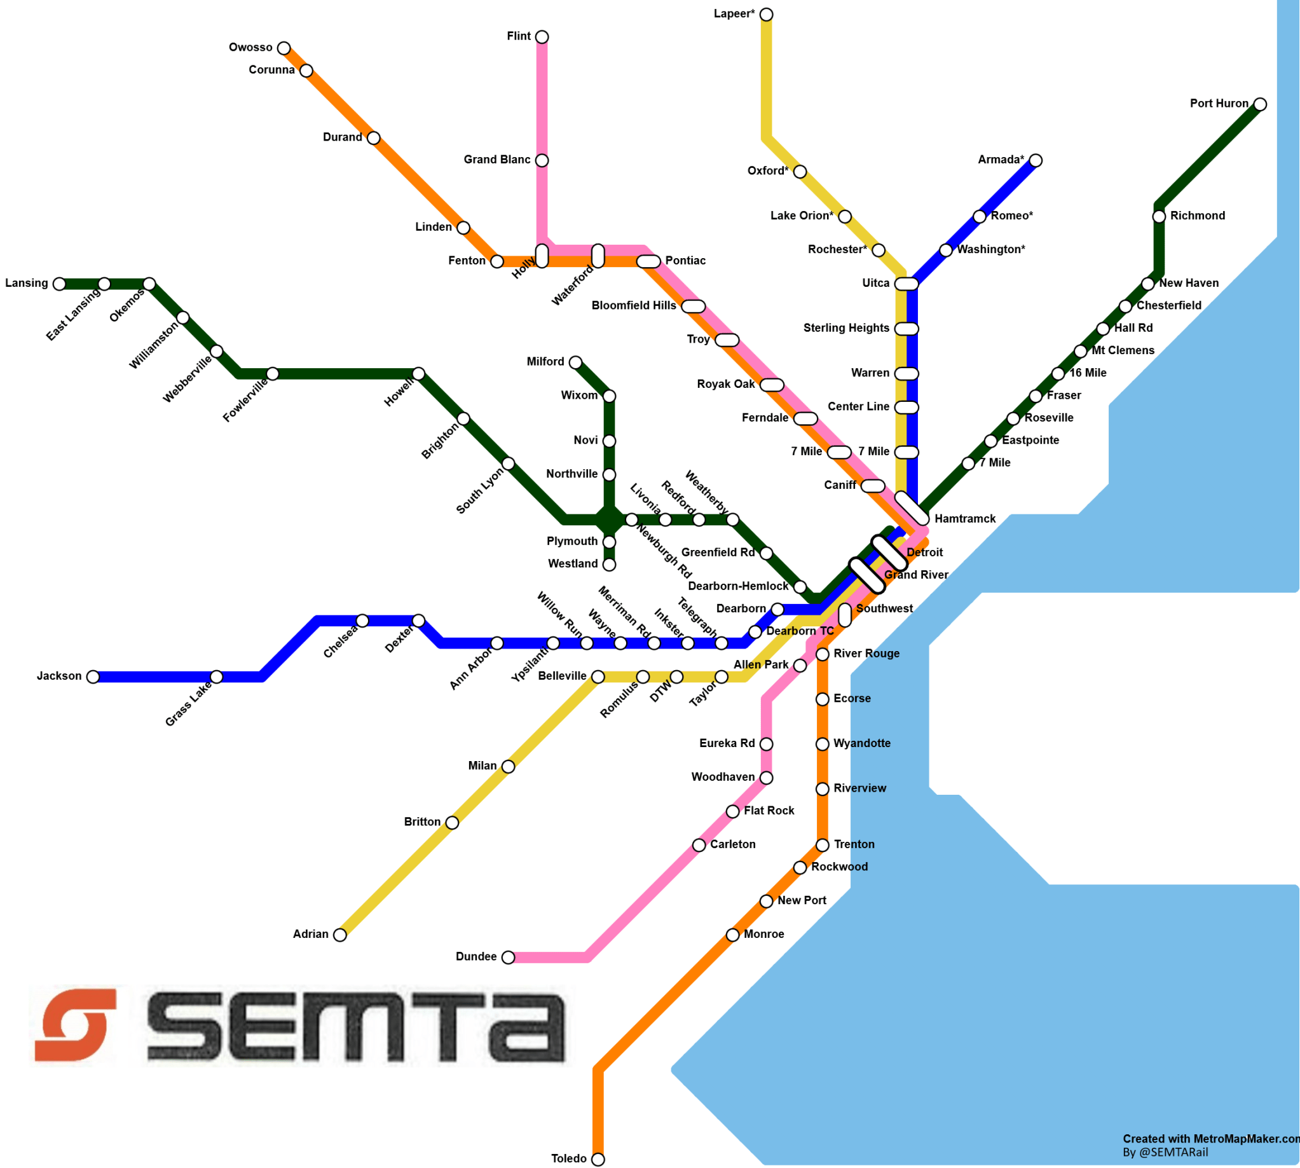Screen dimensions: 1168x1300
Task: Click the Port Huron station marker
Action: coord(1260,104)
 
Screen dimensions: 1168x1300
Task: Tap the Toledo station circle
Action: coord(598,1160)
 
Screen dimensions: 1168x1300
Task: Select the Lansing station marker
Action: coord(59,284)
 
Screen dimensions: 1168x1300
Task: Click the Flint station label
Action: coord(519,36)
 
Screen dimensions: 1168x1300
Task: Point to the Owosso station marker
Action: coord(284,48)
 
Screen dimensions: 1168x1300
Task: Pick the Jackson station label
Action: coord(59,676)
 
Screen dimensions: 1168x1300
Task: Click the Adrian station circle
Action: coord(340,935)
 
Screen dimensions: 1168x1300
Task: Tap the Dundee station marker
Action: coord(508,958)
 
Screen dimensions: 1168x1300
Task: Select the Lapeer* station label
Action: coord(734,13)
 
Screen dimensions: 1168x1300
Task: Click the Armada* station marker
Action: coord(1036,160)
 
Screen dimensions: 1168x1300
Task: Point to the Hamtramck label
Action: coord(965,519)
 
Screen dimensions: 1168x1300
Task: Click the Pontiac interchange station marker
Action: coord(648,261)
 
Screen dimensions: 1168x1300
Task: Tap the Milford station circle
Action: coord(575,362)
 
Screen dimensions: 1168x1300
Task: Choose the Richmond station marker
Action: coord(1159,216)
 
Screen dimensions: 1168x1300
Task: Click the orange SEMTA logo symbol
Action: coord(76,1026)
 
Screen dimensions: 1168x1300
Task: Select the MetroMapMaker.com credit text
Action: coord(1210,1139)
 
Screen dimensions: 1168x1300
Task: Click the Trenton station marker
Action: coord(823,845)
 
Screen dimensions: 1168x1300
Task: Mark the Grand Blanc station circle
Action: coord(542,160)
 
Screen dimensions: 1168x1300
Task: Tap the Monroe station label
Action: coord(763,934)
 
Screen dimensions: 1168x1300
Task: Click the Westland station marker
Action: coord(609,565)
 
